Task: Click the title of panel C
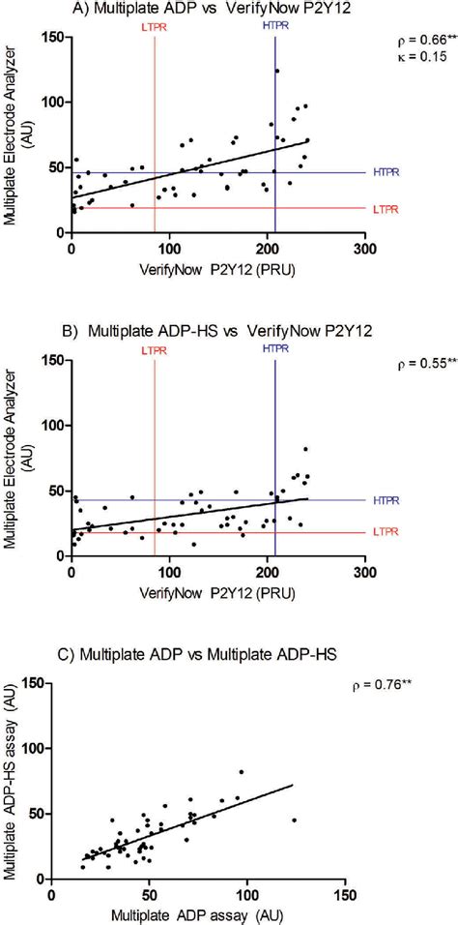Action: click(x=190, y=655)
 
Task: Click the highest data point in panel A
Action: click(x=276, y=71)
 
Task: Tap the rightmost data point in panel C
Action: click(x=294, y=821)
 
